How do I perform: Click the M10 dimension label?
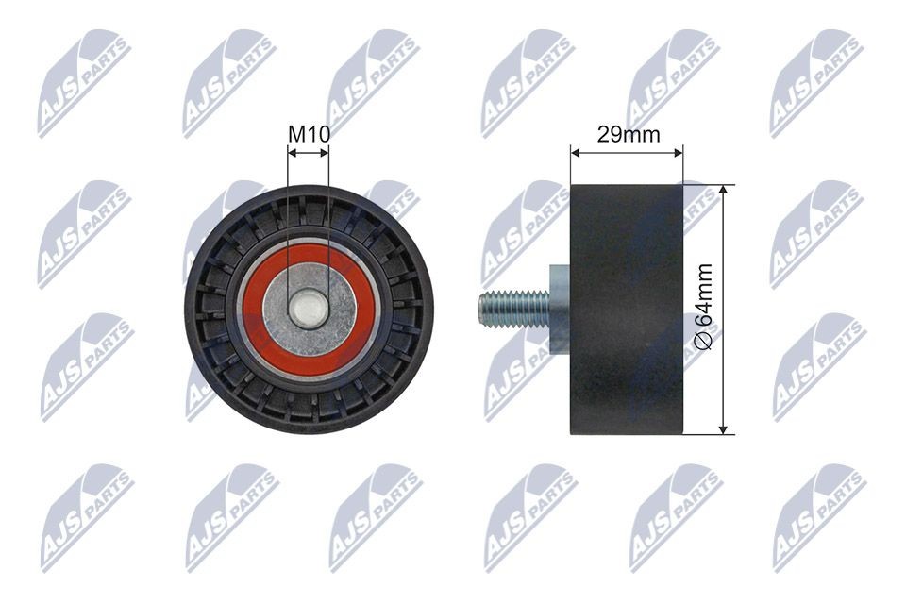click(310, 135)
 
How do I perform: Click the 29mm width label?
click(629, 135)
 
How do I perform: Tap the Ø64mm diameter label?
click(703, 307)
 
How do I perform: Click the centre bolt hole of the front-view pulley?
click(308, 310)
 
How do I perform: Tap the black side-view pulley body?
click(627, 310)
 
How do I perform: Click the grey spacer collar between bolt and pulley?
click(559, 310)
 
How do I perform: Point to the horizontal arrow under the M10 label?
click(309, 153)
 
